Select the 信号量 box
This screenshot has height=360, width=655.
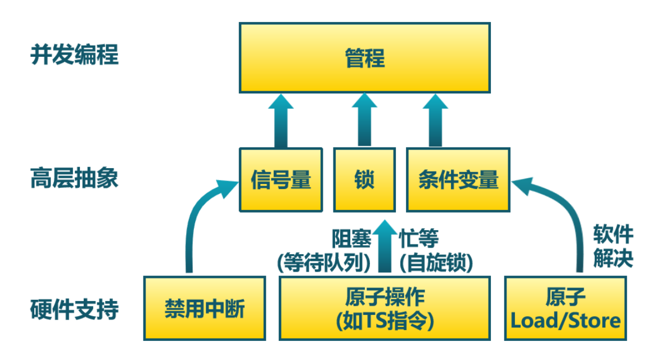coord(281,180)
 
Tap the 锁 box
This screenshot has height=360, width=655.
coord(364,180)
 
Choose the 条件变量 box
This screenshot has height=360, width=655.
coord(458,180)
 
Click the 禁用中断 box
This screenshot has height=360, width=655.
coord(204,308)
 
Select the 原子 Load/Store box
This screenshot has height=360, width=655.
coord(564,308)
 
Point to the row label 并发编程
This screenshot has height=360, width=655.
coord(74,56)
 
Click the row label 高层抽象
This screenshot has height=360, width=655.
coord(74,180)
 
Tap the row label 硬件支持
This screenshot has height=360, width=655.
coord(74,309)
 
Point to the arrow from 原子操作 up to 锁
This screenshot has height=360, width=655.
coord(385,247)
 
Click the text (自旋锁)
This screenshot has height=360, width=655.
coord(436,262)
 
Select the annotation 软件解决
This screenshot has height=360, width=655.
coord(613,246)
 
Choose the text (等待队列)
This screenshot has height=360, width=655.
coord(324,262)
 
